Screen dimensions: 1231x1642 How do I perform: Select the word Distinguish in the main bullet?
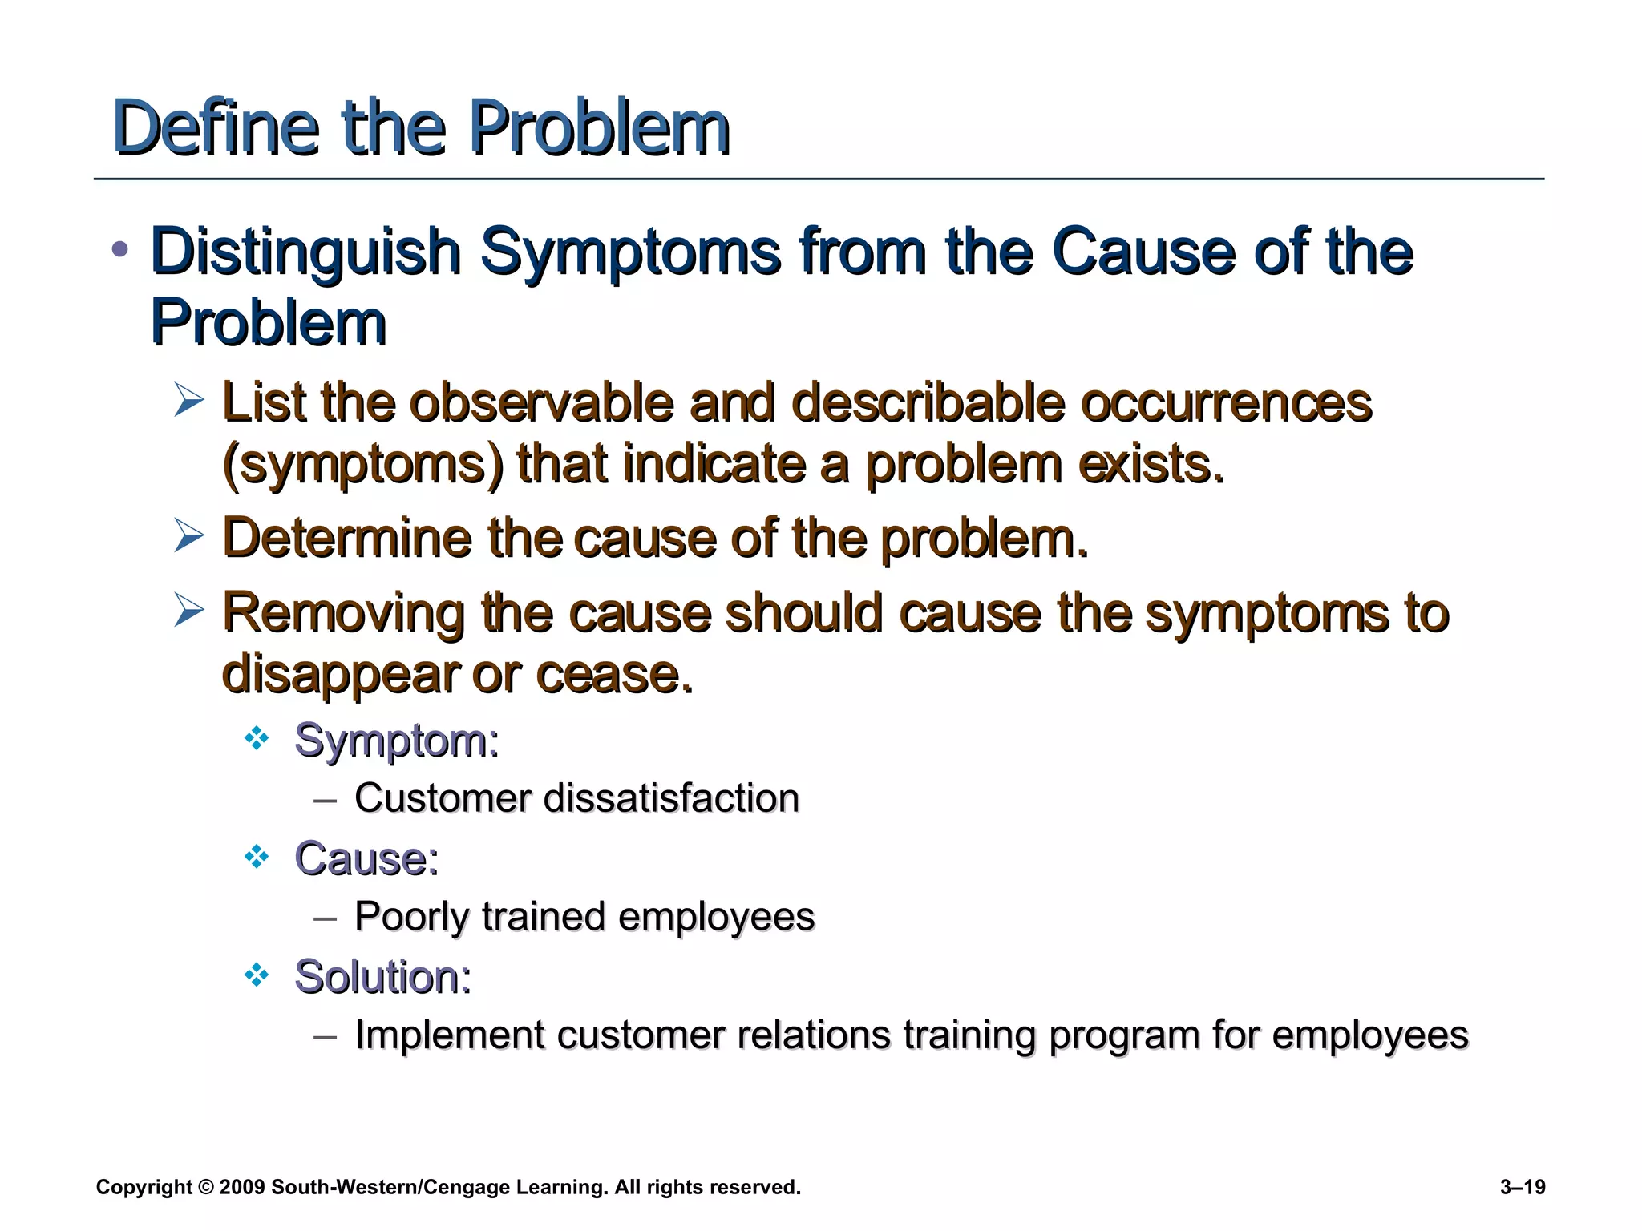[305, 252]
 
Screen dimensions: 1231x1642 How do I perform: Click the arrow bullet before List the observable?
[189, 400]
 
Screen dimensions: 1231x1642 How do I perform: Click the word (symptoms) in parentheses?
[363, 465]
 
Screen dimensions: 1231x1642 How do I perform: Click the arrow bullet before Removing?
[189, 611]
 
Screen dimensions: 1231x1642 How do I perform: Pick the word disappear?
[341, 674]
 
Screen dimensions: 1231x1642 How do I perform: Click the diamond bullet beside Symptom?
[257, 738]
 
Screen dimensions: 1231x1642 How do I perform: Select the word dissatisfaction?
[671, 798]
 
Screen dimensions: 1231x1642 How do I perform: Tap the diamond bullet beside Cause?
[257, 858]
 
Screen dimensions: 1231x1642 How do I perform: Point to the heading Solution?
[383, 976]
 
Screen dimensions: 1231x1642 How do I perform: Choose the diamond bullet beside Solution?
[257, 975]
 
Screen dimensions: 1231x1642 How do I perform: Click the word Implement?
[449, 1035]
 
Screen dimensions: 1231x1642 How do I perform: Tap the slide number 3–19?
[1523, 1187]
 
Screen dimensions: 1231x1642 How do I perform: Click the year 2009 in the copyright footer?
[241, 1187]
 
